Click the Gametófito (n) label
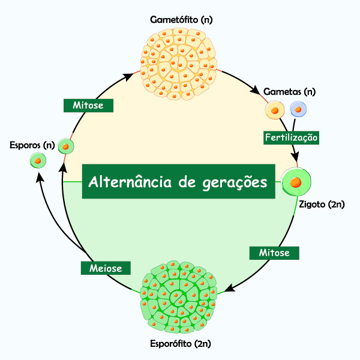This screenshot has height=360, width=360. pos(181,20)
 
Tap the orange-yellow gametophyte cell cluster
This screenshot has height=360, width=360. pos(178,64)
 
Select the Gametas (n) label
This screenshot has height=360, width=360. pos(289,92)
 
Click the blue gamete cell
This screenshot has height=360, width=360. pos(298,109)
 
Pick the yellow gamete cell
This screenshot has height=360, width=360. pos(275,110)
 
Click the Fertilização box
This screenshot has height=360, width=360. pos(292,137)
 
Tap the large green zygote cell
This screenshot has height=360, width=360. pos(296,181)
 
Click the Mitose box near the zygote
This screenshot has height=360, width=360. pos(274,253)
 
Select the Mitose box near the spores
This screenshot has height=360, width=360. pos(88,105)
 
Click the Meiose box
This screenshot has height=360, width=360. pos(105,268)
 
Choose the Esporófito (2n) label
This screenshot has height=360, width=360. pos(179,344)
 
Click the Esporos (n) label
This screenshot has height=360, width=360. pos(32,145)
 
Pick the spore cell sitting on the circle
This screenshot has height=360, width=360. pos(65,146)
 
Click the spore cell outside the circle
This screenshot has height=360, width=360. pos(38,161)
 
